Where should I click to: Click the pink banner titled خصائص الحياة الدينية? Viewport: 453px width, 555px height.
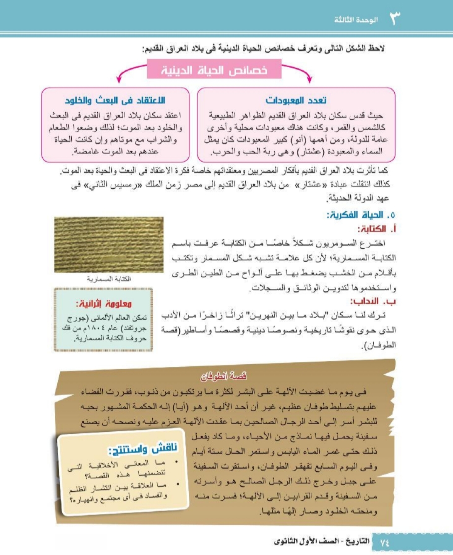click(214, 70)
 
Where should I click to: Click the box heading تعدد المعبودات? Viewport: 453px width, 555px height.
click(296, 100)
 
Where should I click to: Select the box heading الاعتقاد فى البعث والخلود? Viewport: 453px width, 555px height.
click(115, 100)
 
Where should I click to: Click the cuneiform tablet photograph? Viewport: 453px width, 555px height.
click(109, 245)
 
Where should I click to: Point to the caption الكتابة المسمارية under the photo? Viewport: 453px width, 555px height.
click(109, 279)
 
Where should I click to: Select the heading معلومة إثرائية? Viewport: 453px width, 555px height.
click(104, 303)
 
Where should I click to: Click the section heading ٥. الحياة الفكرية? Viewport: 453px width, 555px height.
click(361, 215)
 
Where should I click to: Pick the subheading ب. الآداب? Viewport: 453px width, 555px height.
click(373, 301)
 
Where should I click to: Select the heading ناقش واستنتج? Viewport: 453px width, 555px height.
click(143, 449)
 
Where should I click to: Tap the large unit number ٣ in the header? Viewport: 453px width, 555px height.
click(395, 18)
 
